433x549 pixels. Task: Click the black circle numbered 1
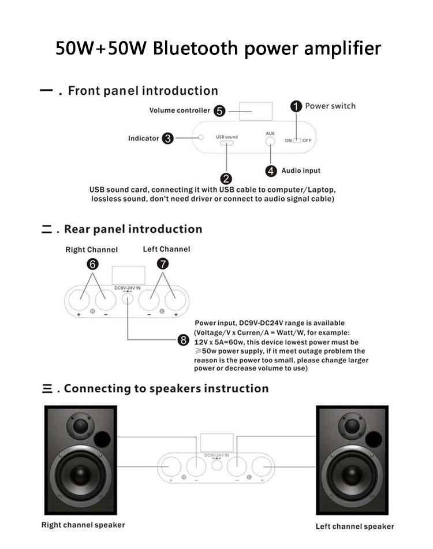coord(296,106)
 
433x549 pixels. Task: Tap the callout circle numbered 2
coord(227,179)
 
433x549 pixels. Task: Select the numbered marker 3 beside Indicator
coord(168,138)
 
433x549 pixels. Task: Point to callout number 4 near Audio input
coord(271,170)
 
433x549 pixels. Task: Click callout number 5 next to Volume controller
coord(219,110)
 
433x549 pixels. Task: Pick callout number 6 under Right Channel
coord(92,264)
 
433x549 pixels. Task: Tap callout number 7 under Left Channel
coord(163,264)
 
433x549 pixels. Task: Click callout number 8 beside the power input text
coord(184,340)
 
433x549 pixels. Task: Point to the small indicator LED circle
coord(201,138)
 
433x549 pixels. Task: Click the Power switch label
coord(330,106)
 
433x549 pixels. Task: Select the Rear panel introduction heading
coord(133,229)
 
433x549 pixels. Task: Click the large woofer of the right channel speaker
coord(81,476)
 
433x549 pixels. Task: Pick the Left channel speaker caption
coord(354,526)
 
